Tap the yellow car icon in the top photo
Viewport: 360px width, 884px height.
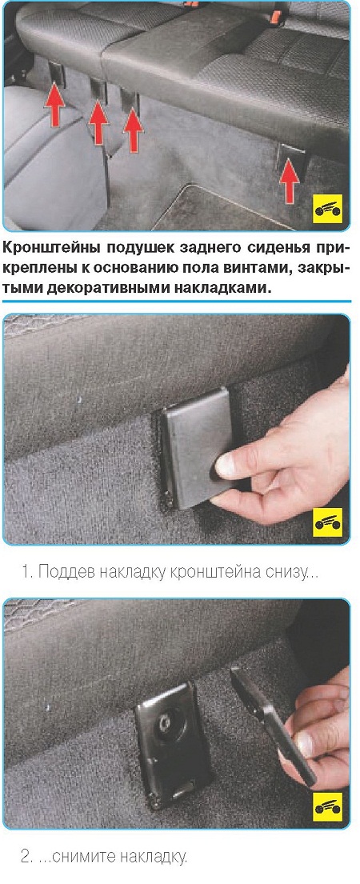[x=327, y=210]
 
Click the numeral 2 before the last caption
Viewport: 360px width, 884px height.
[x=25, y=857]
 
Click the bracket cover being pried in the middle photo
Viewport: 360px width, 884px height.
[x=195, y=449]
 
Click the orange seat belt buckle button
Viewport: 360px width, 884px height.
[x=274, y=17]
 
